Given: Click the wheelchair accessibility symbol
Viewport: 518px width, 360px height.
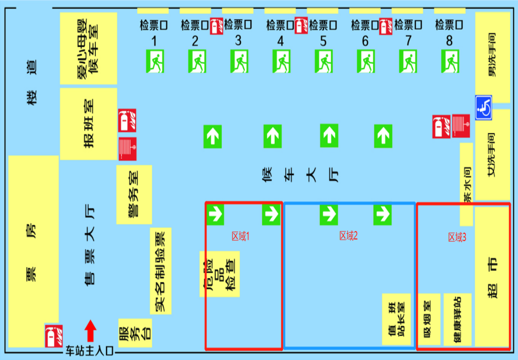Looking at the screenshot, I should (483, 108).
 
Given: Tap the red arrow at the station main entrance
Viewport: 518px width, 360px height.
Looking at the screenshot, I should (90, 331).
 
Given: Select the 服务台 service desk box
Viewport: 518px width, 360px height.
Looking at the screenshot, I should (135, 333).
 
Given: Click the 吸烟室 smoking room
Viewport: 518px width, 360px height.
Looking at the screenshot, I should (428, 319).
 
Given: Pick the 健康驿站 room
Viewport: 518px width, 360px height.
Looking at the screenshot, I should (457, 319).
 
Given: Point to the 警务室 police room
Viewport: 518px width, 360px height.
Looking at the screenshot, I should (134, 194).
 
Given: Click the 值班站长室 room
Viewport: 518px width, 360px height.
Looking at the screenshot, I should (395, 319).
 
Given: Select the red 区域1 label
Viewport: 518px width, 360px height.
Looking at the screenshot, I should (240, 237).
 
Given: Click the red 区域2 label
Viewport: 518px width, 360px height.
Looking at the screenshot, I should (348, 237).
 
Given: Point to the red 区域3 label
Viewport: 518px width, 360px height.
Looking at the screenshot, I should (457, 238).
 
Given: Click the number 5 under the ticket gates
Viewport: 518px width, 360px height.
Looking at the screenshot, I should (323, 41).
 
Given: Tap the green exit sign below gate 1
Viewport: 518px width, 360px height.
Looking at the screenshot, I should (155, 61).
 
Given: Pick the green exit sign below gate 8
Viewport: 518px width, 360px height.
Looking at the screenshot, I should (450, 61).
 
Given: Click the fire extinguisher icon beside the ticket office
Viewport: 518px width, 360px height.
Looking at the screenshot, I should (53, 335).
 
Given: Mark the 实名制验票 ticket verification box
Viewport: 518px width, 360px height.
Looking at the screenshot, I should (161, 271).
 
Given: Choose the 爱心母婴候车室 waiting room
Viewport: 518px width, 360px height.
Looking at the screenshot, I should (89, 49).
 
